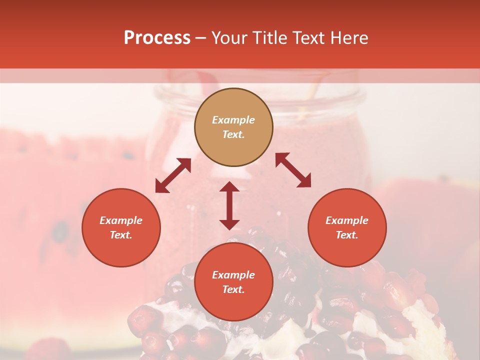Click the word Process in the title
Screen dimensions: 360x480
click(157, 38)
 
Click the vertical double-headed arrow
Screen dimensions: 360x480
click(229, 205)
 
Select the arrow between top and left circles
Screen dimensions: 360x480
click(173, 175)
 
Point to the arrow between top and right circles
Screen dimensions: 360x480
click(293, 170)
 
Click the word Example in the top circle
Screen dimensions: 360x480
click(233, 120)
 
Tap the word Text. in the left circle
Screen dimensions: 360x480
click(121, 235)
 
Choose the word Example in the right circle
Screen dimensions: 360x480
click(347, 220)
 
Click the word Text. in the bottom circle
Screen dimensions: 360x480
click(233, 289)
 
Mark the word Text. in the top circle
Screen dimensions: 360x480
click(233, 134)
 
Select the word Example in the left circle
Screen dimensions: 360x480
click(121, 220)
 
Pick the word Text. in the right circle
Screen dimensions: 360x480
click(347, 235)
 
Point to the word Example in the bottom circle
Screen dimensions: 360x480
click(233, 275)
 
